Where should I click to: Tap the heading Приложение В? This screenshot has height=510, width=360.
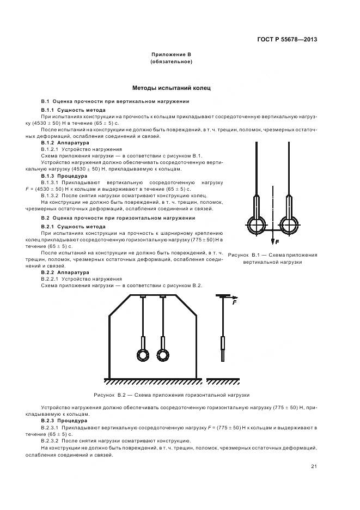(171, 55)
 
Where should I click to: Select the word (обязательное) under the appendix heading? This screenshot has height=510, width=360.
(171, 62)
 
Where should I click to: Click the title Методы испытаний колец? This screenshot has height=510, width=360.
(171, 88)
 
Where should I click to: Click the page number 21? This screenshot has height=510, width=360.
(314, 465)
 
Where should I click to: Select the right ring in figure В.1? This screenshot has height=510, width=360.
(289, 225)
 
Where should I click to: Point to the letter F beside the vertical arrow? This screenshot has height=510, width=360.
(277, 241)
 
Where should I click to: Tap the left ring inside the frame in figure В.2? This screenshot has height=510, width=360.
(142, 355)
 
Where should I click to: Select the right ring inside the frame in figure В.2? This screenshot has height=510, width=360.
(162, 355)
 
